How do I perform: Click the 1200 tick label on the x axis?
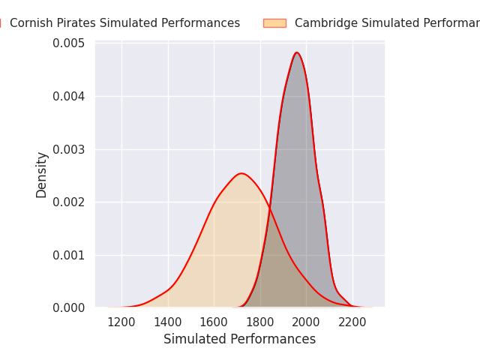[121, 322]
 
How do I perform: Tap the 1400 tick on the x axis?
[168, 322]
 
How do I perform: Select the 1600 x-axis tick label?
[214, 322]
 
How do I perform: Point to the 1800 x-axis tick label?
[260, 322]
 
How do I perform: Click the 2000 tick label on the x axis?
[306, 322]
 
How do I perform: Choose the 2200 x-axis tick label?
[352, 322]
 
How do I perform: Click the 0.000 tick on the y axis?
[68, 307]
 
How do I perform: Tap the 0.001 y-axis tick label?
[68, 255]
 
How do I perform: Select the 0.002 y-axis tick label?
[68, 202]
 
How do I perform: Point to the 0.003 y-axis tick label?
[68, 149]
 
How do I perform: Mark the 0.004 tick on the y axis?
[68, 96]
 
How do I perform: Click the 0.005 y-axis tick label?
[68, 43]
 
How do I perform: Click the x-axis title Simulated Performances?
[240, 339]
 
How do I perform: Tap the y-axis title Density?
[42, 175]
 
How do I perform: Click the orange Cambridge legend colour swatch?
[274, 23]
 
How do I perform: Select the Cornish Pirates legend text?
[124, 23]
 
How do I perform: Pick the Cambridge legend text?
[386, 23]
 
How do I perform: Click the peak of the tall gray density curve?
[297, 52]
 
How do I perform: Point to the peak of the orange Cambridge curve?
[241, 173]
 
